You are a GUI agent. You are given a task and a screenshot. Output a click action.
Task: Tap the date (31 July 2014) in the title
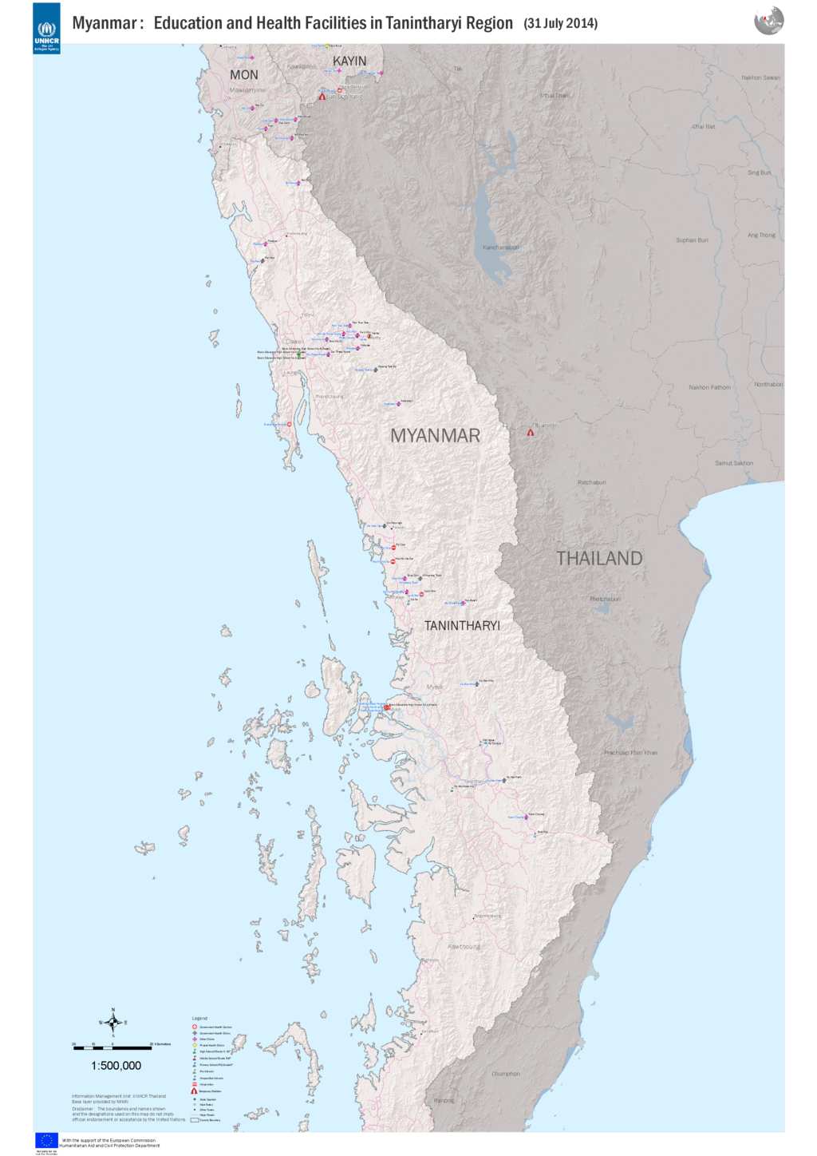click(560, 23)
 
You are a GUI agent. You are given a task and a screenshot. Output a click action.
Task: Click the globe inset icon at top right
click(768, 21)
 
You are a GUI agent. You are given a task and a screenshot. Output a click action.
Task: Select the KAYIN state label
click(349, 61)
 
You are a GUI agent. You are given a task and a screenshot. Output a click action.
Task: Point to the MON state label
click(244, 75)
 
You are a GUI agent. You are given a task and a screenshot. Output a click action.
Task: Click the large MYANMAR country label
click(435, 436)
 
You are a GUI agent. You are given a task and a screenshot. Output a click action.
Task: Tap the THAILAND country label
click(599, 559)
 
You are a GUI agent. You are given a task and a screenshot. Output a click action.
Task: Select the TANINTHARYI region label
click(462, 626)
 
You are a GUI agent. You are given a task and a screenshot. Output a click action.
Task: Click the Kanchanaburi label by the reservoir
click(500, 247)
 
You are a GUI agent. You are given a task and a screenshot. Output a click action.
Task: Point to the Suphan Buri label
click(692, 240)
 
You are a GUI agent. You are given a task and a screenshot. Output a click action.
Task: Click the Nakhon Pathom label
click(709, 388)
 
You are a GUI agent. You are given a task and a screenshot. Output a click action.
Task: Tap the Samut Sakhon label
click(734, 463)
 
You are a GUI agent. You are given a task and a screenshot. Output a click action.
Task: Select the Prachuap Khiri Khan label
click(630, 753)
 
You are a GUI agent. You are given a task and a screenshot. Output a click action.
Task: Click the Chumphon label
click(506, 1074)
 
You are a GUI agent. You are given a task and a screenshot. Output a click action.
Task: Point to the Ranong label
click(444, 1100)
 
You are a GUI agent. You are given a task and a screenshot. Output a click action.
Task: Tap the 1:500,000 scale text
click(116, 1066)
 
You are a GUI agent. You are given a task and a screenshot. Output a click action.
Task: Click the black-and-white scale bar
click(112, 1047)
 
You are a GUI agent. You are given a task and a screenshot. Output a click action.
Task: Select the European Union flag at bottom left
click(46, 1140)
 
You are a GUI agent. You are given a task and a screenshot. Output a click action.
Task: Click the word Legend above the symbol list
click(199, 1018)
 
